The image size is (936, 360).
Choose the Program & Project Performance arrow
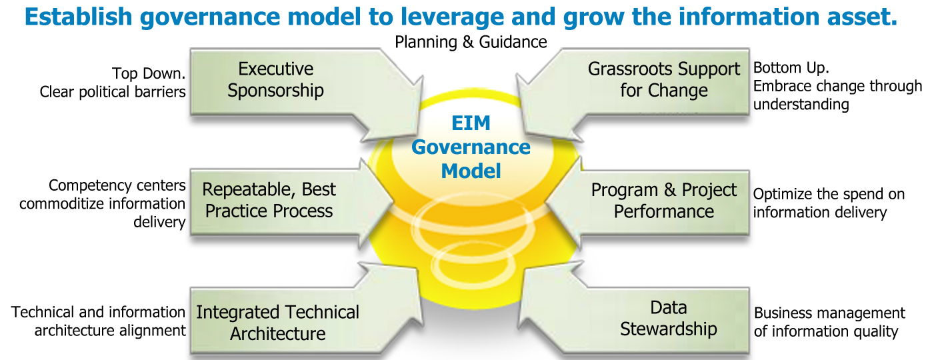(x=656, y=203)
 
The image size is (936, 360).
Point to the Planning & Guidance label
(x=471, y=42)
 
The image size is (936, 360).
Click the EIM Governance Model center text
(x=471, y=147)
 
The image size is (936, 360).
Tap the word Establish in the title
(x=78, y=17)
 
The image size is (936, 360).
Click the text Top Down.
(x=149, y=73)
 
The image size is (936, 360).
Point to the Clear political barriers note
(x=113, y=92)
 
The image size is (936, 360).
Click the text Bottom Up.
(x=791, y=67)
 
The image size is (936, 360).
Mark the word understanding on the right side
(x=801, y=105)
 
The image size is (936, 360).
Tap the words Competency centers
(x=117, y=185)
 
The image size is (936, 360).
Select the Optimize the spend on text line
(x=829, y=194)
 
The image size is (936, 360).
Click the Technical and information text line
(x=98, y=313)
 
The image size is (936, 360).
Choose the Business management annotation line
(x=829, y=313)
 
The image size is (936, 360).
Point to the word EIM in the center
(x=471, y=123)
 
